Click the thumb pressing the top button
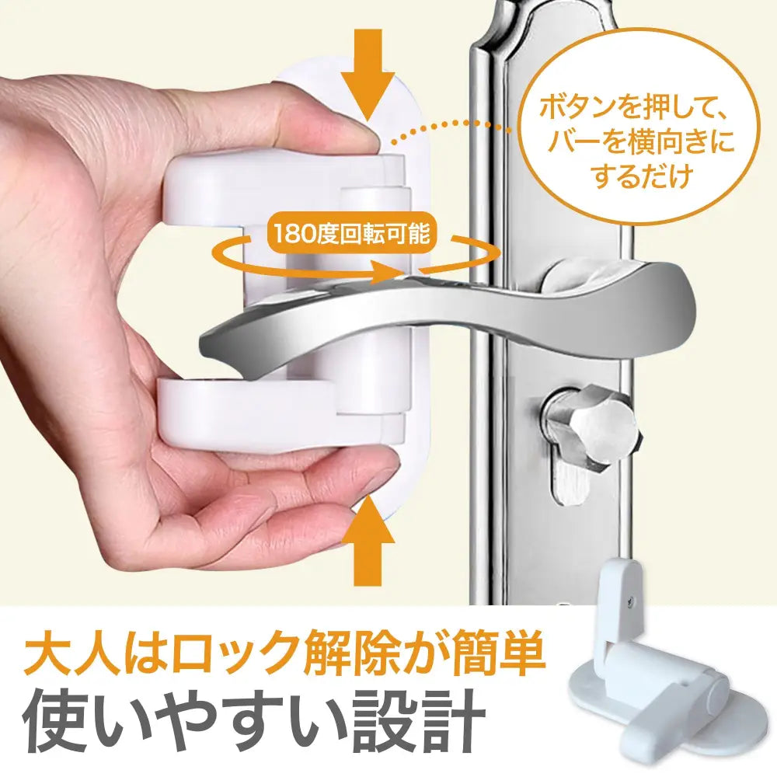pos(326,128)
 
